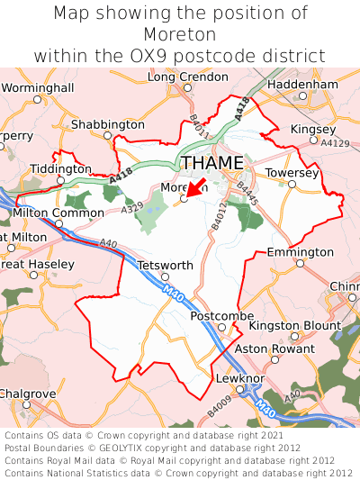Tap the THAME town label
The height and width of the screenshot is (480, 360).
click(212, 163)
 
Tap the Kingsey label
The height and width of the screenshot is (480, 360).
click(312, 129)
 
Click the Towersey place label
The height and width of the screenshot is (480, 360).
click(292, 172)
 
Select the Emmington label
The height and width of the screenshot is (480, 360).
click(301, 252)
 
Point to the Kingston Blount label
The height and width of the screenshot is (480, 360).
click(294, 325)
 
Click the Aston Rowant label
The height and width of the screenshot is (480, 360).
click(266, 348)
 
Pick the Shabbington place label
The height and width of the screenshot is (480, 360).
click(107, 123)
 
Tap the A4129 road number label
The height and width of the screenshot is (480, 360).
click(335, 143)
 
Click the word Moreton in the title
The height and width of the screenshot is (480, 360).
click(180, 34)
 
